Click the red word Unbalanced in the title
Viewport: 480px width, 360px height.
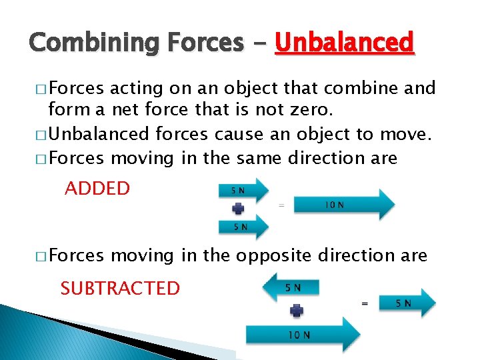point(345,43)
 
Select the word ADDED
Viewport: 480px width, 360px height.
point(97,188)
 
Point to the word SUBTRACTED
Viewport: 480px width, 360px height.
point(120,288)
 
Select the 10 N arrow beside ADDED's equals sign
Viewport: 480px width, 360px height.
point(344,204)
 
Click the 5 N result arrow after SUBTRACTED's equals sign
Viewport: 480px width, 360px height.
point(407,303)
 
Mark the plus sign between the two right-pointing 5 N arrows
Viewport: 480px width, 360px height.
point(237,209)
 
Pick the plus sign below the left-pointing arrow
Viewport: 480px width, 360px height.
point(297,310)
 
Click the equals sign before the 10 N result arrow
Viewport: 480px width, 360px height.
point(281,205)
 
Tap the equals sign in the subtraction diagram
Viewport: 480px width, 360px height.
point(364,303)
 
